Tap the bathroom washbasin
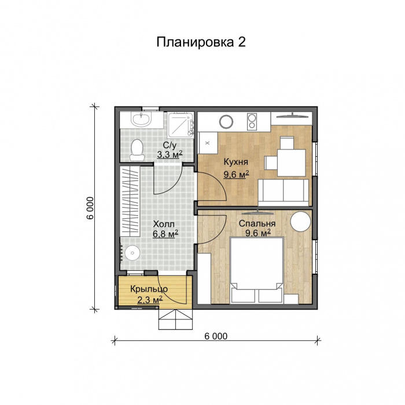(x=141, y=120)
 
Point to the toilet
(x=137, y=150)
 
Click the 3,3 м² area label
(x=170, y=154)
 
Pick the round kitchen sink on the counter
(x=226, y=122)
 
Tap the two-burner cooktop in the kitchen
(x=252, y=122)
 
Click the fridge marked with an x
(x=207, y=141)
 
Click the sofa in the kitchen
(x=283, y=191)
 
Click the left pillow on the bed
(x=245, y=295)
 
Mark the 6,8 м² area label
(x=165, y=234)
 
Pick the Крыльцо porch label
(x=149, y=289)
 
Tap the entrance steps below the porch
(x=175, y=319)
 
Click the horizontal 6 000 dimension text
(x=215, y=336)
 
